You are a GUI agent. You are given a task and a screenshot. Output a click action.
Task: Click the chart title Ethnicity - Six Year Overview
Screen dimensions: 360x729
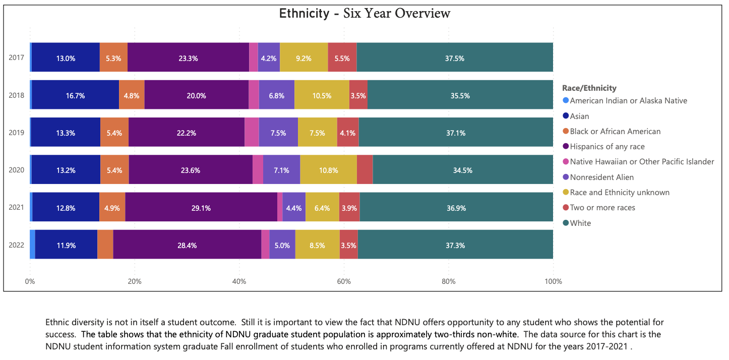[x=364, y=14]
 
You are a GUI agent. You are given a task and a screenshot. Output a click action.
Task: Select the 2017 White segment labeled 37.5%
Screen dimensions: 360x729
[x=454, y=58]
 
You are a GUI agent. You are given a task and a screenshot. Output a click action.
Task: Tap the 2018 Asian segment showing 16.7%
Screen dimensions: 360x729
[x=75, y=95]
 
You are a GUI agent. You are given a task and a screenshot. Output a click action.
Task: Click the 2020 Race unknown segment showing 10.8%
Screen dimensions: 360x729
[x=328, y=170]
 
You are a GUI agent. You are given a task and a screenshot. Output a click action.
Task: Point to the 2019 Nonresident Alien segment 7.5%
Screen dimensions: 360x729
[x=278, y=133]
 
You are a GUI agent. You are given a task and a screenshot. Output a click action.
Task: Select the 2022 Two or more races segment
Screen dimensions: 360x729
[x=348, y=245]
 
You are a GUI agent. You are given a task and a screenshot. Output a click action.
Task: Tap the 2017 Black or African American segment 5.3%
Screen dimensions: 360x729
[x=113, y=58]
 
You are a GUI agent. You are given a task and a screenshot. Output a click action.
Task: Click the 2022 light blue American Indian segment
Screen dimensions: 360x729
[x=32, y=245]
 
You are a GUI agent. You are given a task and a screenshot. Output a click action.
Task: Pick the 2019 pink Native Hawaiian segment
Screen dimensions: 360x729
[x=252, y=133]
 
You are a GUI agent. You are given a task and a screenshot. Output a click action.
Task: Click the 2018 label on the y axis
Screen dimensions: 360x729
[x=16, y=95]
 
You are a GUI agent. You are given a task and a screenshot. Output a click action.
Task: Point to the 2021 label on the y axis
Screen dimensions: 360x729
[x=16, y=207]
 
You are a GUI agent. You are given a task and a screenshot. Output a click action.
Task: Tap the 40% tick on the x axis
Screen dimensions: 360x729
[x=239, y=281]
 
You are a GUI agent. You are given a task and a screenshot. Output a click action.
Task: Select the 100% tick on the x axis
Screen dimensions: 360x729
[x=553, y=281]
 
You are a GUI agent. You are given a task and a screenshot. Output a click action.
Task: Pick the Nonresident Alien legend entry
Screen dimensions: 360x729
[x=601, y=177]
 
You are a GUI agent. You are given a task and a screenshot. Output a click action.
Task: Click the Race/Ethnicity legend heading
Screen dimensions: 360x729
[x=589, y=88]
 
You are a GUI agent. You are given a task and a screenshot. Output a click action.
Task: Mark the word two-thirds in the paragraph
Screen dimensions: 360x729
[x=454, y=334]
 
